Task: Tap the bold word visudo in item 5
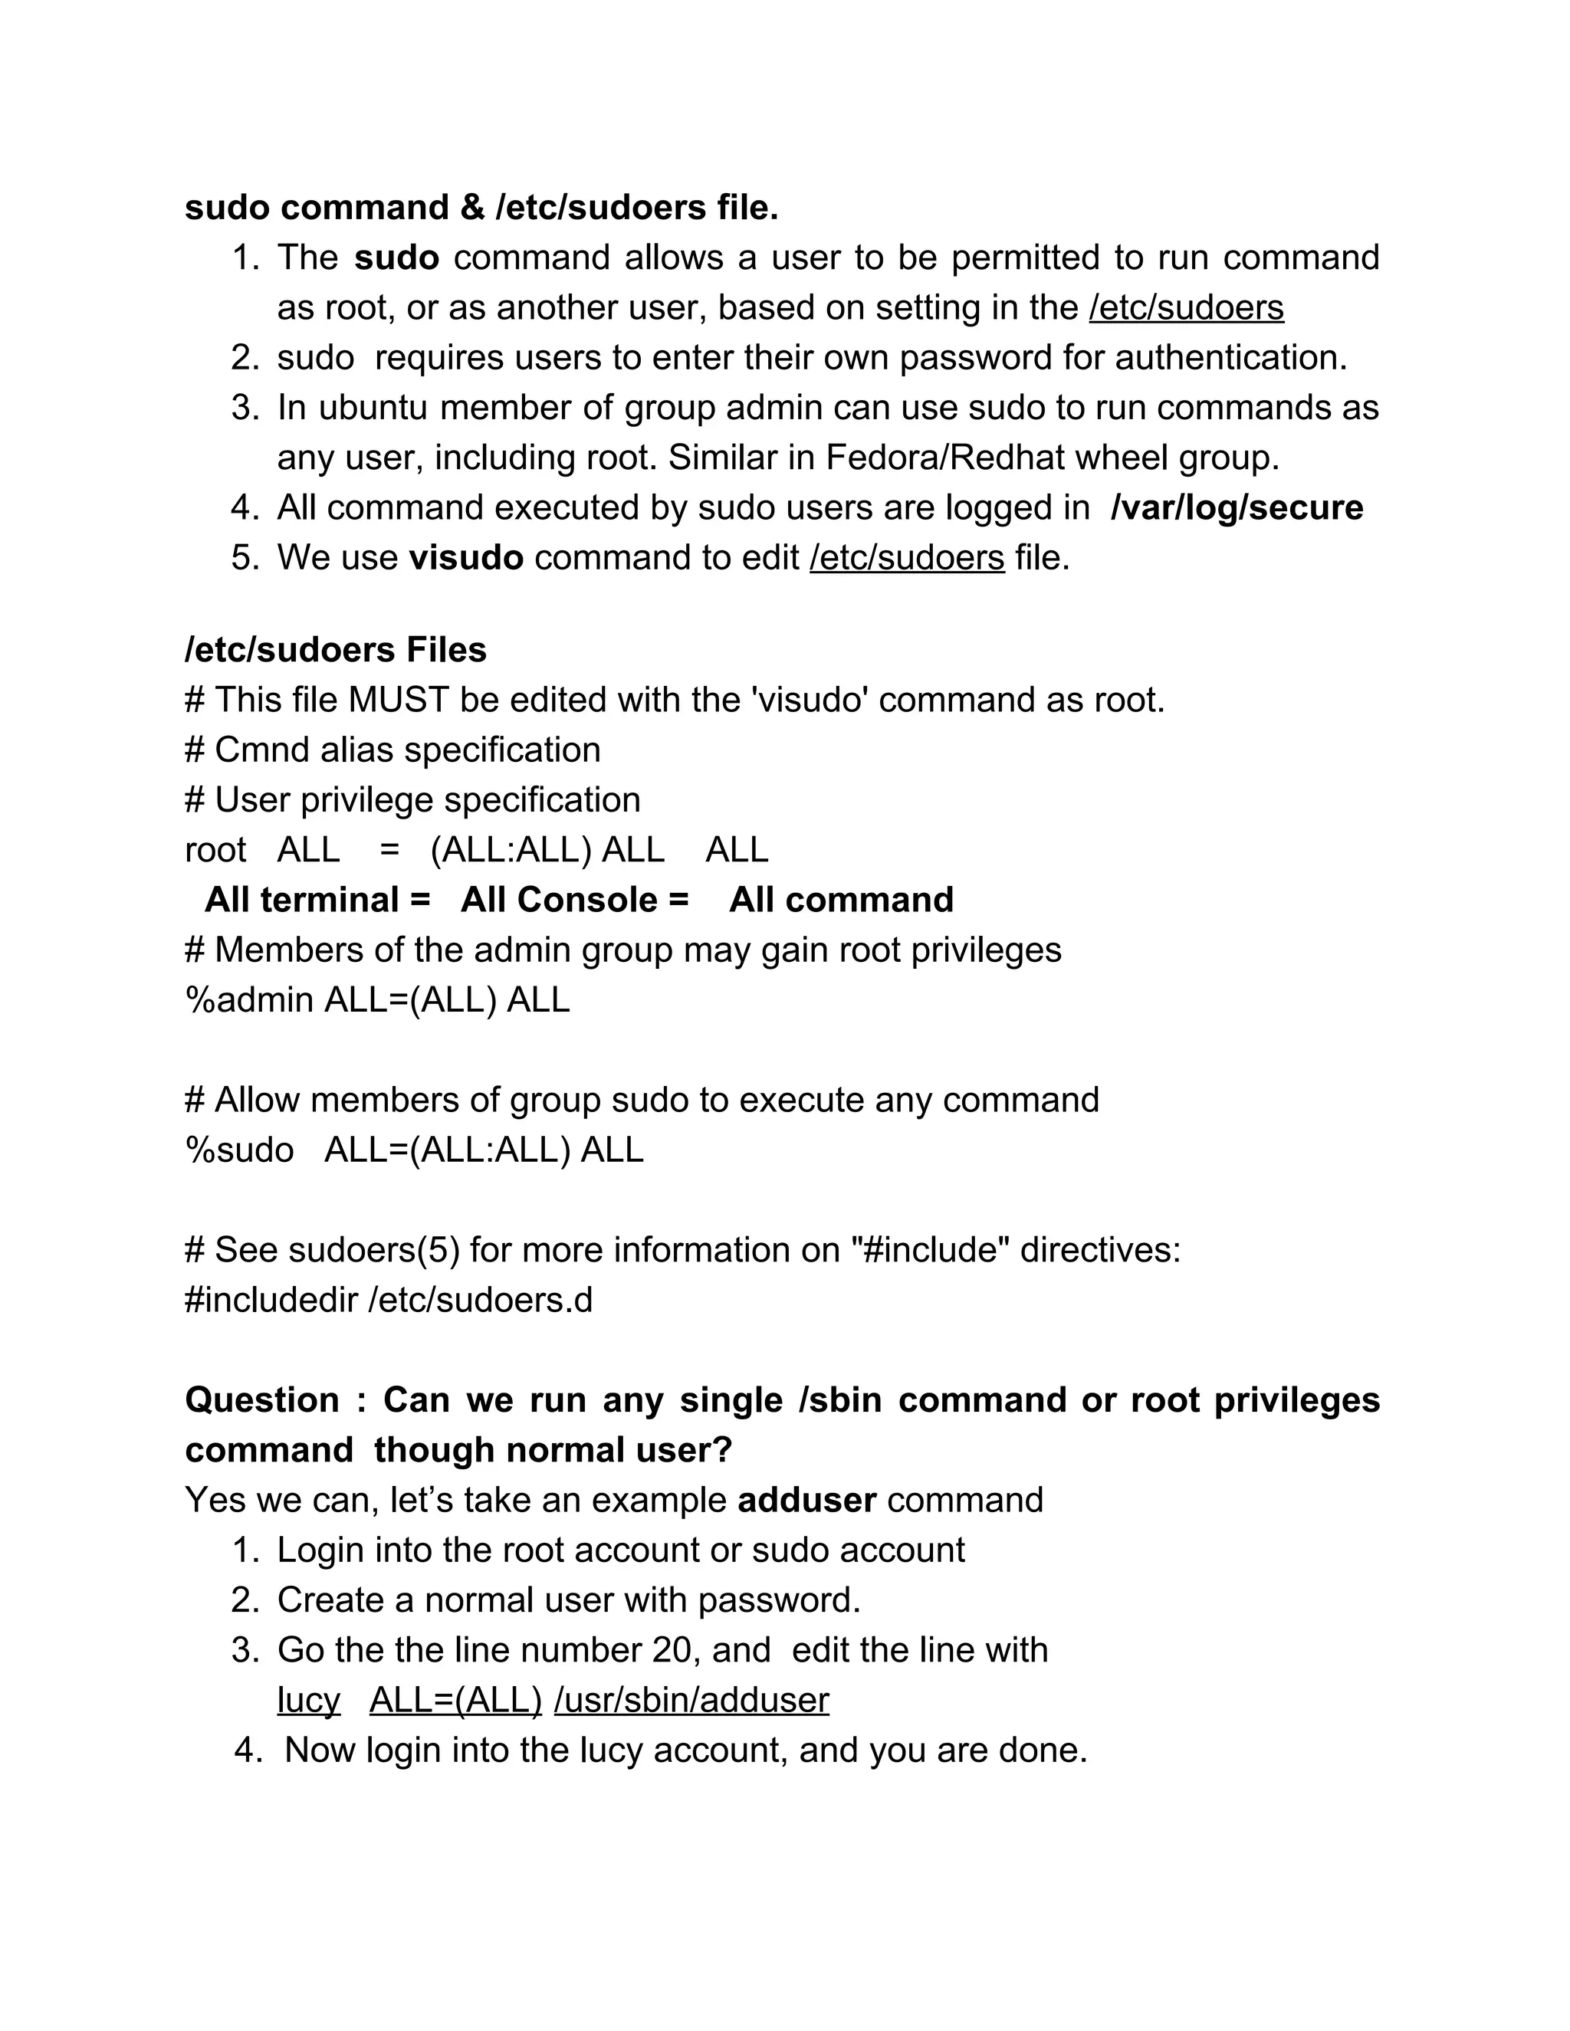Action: coord(466,558)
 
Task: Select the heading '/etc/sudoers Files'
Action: coord(335,650)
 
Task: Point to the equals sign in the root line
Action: coord(389,850)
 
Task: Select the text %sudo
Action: coord(239,1150)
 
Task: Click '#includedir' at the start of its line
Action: coord(271,1300)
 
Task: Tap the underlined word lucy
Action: coord(308,1701)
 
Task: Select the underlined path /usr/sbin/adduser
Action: coord(691,1701)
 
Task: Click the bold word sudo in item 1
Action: coord(396,258)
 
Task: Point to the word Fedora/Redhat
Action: coord(945,458)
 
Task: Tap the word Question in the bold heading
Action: coord(261,1400)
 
